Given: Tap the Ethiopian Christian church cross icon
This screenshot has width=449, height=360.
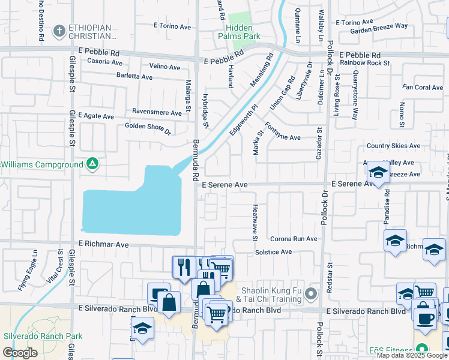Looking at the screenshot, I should coord(59,30).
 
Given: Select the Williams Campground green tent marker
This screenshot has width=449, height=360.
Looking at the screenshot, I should coord(92,163).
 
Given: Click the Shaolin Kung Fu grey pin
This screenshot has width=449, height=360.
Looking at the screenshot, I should coord(310,295).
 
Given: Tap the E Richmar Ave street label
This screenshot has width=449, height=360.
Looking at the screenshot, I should coord(104,245).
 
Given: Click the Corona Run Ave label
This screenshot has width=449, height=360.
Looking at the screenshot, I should coord(294,239).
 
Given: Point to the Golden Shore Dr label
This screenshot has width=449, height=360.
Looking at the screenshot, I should coord(148,127).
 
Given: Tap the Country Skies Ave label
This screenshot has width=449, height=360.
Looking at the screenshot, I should coord(393,146).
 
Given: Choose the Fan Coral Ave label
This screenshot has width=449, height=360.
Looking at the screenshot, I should coord(423,88).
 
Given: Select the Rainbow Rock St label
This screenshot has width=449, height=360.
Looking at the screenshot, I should coord(364,62).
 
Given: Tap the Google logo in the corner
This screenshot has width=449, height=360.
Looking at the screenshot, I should coord(20,353).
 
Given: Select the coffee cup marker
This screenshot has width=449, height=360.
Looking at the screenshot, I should coord(425,319).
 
